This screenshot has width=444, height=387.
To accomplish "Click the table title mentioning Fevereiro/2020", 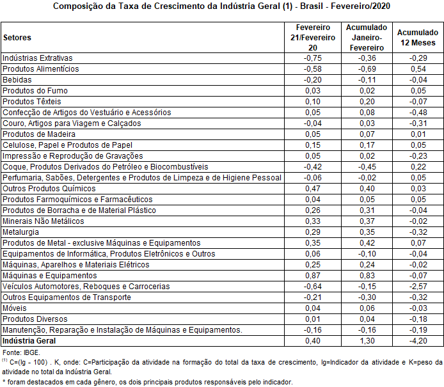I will coord(221,7).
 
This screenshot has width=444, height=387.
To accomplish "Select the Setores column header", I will coord(17,38).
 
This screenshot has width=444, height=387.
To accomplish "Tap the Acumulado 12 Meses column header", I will coord(418,38).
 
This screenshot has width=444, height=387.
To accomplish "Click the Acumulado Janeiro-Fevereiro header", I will coord(366,38).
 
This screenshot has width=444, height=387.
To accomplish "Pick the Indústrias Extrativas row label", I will coord(38,58).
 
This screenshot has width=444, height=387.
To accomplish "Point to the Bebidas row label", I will coord(17,79).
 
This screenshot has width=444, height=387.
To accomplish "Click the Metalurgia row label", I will coord(20,232).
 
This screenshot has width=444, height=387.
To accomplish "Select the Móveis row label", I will coord(15,308).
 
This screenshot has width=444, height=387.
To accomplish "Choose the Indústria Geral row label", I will coord(29,341).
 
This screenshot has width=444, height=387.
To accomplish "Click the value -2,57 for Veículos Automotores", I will coord(418,286).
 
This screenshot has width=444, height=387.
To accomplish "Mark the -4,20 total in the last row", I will coord(418,341).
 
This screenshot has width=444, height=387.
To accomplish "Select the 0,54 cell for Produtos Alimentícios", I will coord(418,68).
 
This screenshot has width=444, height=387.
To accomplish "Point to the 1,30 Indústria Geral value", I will coord(366,341).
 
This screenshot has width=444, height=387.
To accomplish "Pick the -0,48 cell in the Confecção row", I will coord(418,112).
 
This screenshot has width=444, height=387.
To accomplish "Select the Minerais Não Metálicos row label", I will coord(44,221).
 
